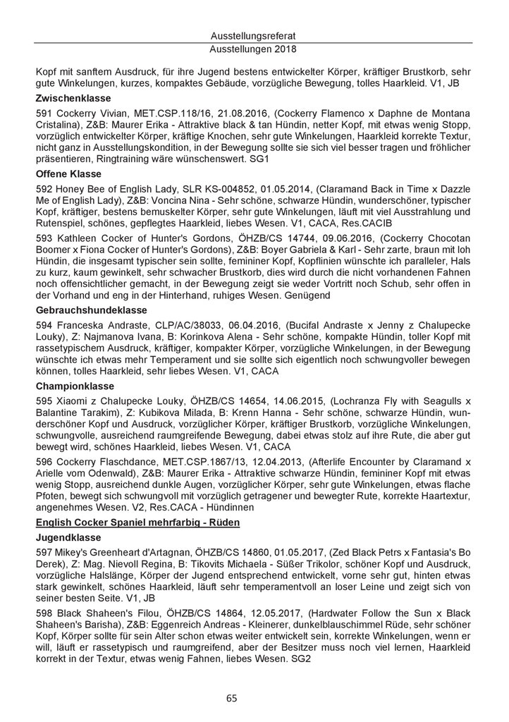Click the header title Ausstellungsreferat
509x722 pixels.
[x=254, y=35]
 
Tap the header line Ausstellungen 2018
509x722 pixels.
[x=254, y=50]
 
